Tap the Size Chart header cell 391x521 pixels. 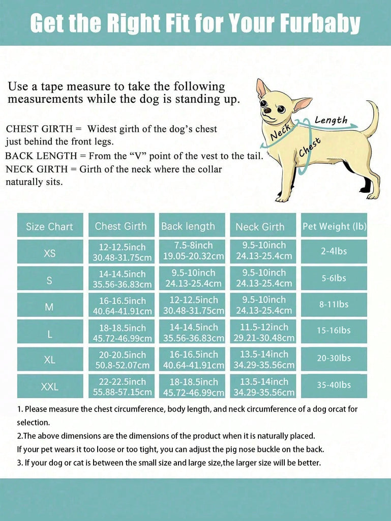[x=50, y=226]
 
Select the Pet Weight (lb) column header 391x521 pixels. [x=334, y=226]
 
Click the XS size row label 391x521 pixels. [x=50, y=253]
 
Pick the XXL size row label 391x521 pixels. [x=50, y=387]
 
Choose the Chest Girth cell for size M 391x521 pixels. [x=122, y=305]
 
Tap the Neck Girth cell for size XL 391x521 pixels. [x=263, y=359]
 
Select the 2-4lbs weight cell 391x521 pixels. [x=334, y=251]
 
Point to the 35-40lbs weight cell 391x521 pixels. [x=334, y=385]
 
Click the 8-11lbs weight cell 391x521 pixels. [x=334, y=304]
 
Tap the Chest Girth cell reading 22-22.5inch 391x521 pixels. [x=122, y=386]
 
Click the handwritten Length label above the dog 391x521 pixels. [x=331, y=121]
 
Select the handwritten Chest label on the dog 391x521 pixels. [x=310, y=147]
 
